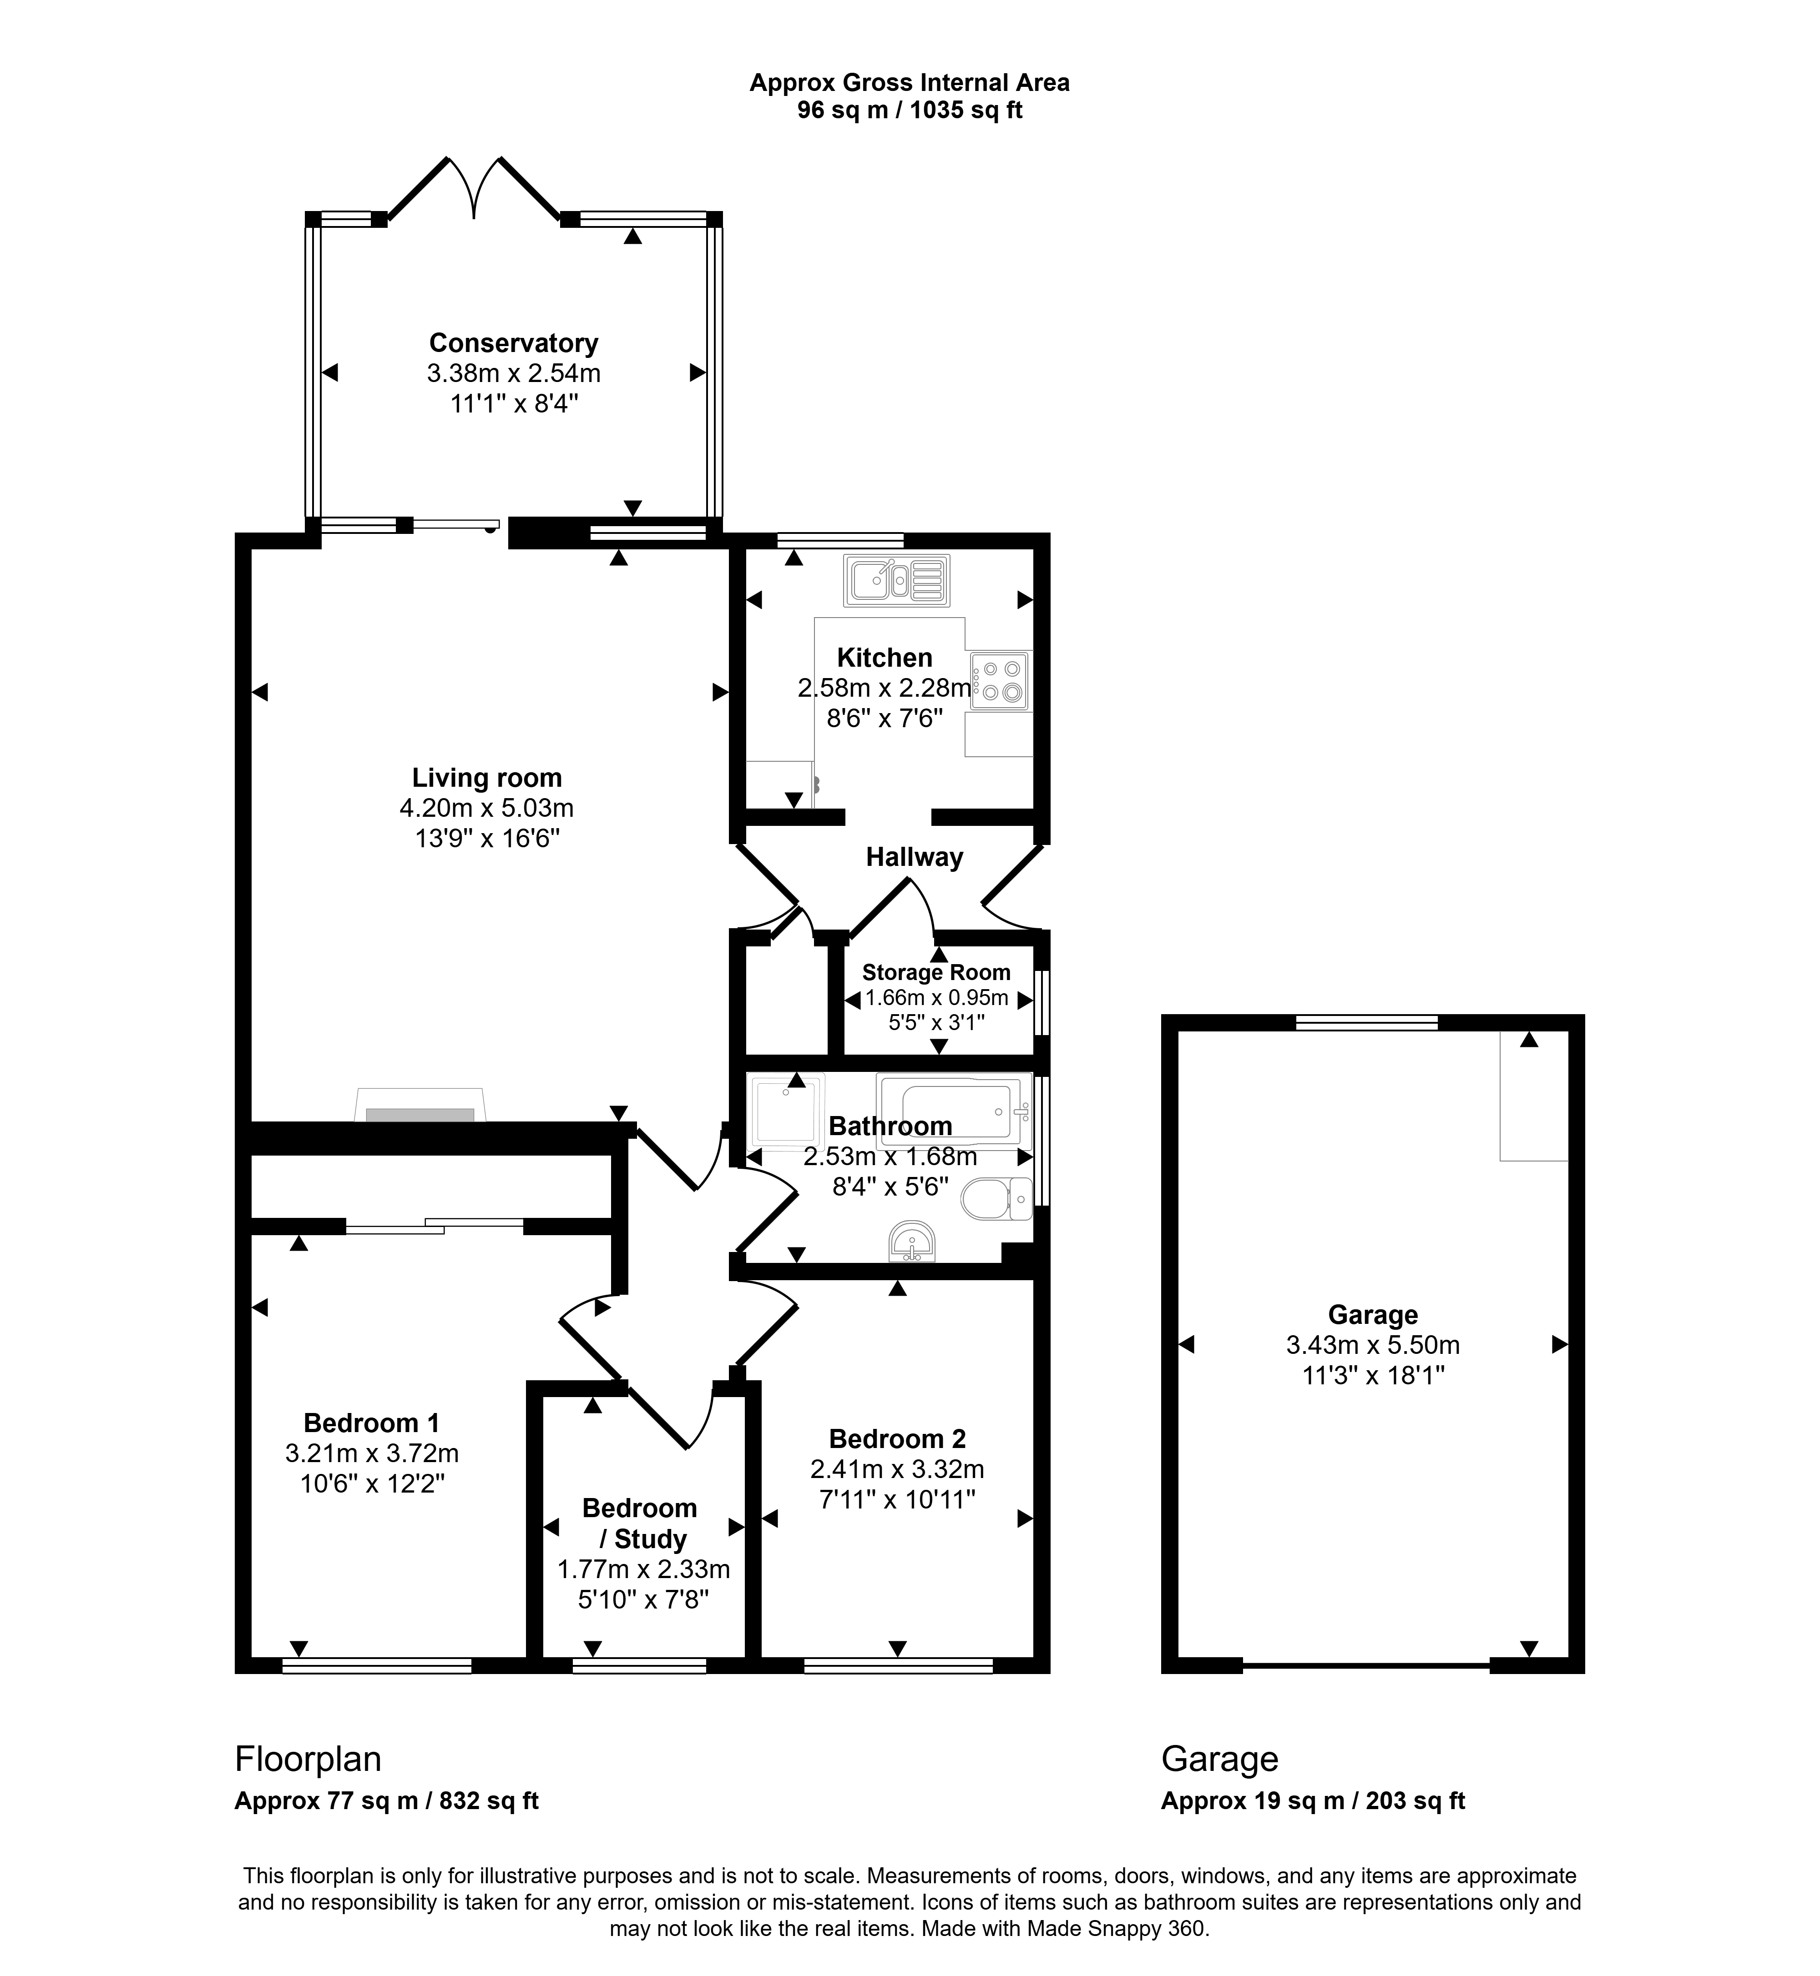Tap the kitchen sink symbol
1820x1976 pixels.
coord(896,580)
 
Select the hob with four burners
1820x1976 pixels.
coord(1000,680)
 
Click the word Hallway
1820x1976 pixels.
coord(914,858)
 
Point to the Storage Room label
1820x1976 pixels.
coord(935,973)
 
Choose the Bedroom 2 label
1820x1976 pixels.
coord(897,1439)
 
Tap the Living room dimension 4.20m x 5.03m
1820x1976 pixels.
coord(486,808)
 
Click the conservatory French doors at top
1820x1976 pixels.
coord(475,187)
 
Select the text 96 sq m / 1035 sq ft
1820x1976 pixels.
coord(910,110)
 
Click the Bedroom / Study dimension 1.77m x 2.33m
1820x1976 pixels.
coord(644,1569)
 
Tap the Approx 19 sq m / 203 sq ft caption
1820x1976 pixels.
coord(1313,1801)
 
